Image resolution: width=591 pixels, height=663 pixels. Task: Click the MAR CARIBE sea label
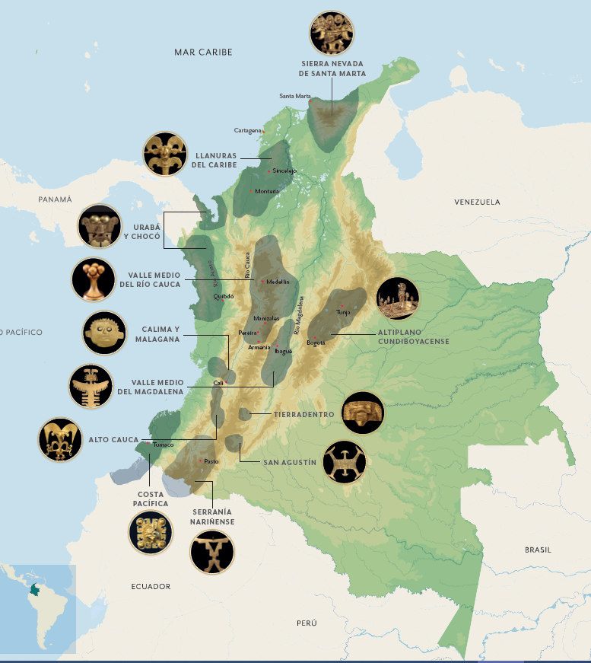202,52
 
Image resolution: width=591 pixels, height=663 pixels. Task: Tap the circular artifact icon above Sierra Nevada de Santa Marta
332,33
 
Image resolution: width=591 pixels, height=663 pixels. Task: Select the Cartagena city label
247,131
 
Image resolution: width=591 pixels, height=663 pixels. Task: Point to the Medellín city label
278,282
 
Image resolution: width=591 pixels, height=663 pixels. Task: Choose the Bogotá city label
315,343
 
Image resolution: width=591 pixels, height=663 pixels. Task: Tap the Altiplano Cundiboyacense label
413,337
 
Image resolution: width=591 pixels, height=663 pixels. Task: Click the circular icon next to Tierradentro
363,413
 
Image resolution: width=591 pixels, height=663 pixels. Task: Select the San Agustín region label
289,462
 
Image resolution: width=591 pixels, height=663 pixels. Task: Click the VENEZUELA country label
477,202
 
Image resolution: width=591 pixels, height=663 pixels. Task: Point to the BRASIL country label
539,549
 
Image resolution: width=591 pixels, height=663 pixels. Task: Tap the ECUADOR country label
151,587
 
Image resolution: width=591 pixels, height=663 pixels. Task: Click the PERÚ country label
307,623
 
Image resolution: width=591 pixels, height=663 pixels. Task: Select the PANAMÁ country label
55,199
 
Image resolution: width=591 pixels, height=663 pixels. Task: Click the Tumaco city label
164,445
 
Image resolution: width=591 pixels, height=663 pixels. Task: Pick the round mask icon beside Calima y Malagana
104,333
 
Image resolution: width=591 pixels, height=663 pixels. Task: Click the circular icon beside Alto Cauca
60,439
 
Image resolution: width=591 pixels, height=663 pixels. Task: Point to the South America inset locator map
38,608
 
